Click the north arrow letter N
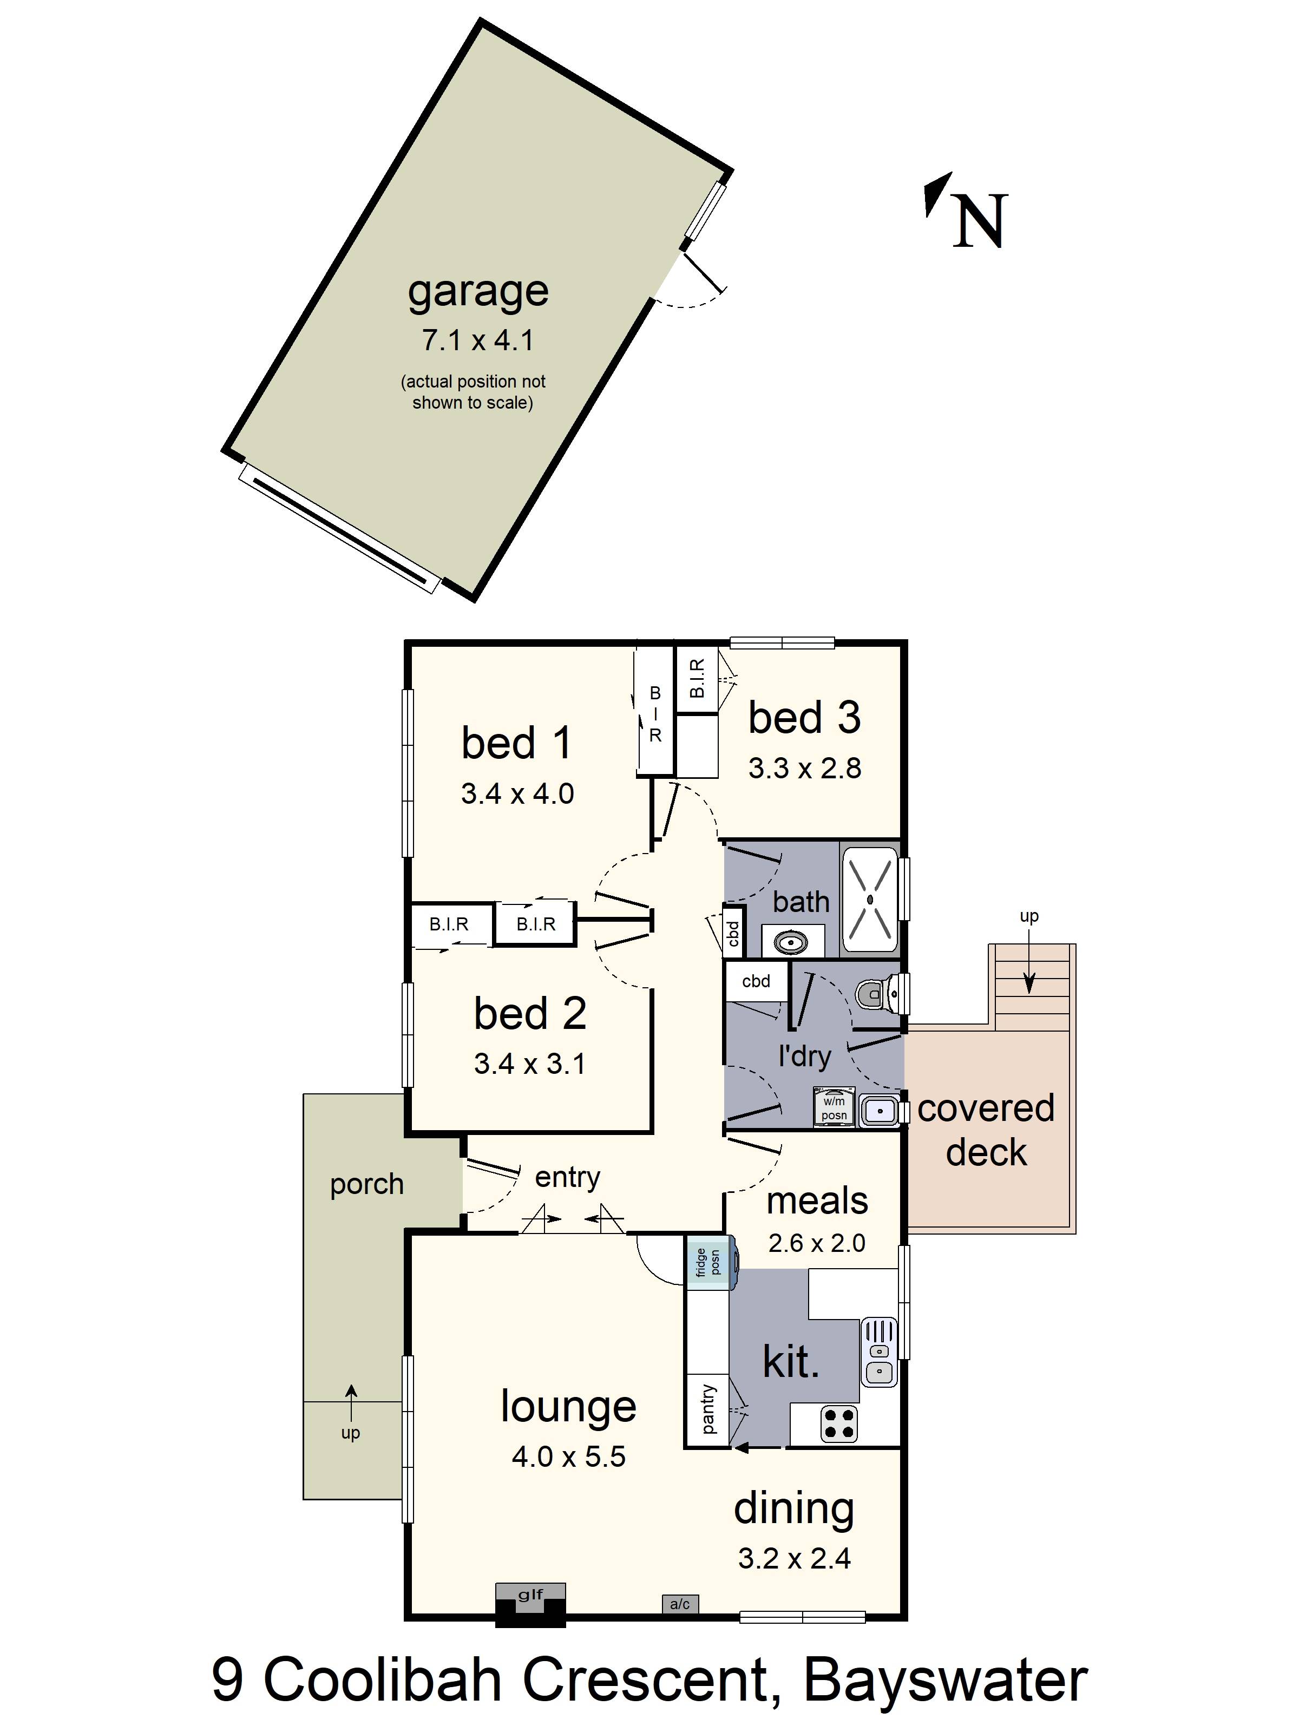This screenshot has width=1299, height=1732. [x=980, y=221]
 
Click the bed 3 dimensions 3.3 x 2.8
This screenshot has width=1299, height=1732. [x=804, y=768]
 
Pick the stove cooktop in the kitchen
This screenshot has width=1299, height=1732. [x=838, y=1423]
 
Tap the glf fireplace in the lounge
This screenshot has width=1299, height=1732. [x=530, y=1604]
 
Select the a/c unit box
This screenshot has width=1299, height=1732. [x=680, y=1604]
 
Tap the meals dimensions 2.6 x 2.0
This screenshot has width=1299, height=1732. [x=817, y=1243]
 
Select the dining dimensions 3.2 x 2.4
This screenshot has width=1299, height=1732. [x=794, y=1559]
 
